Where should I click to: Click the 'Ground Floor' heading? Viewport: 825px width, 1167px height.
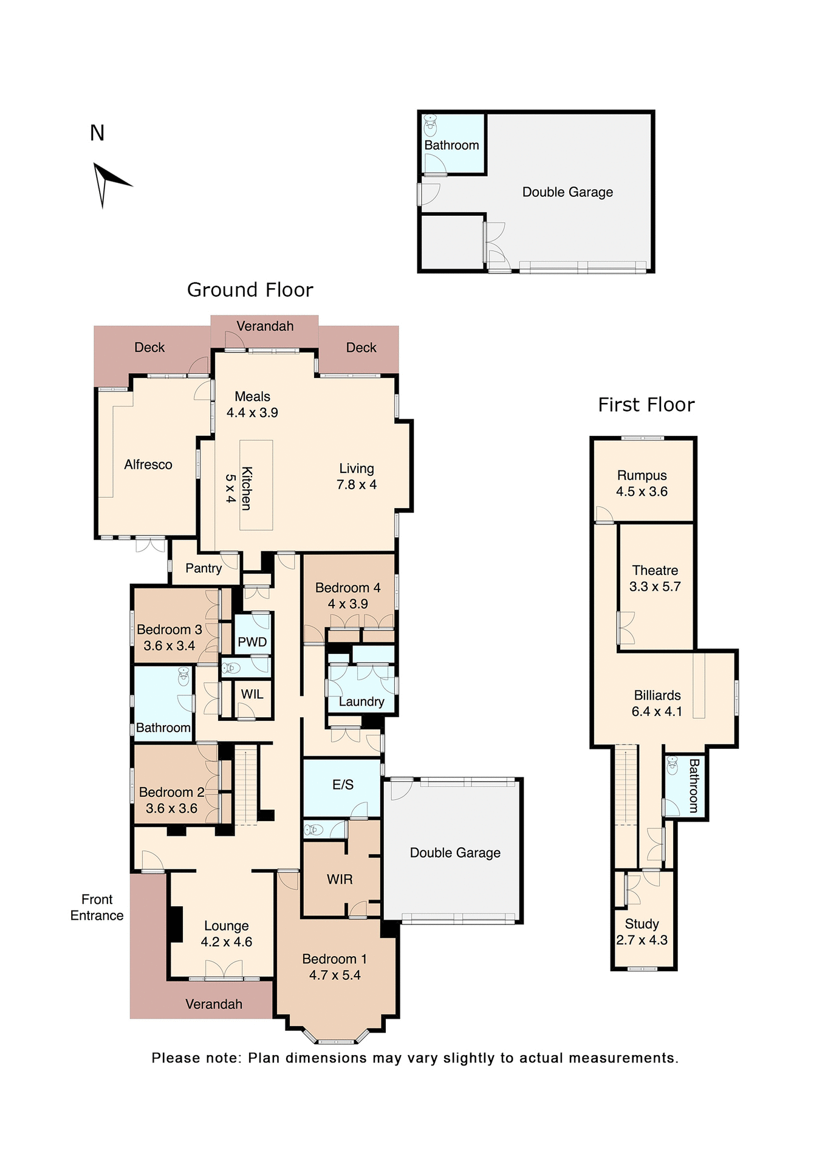[250, 290]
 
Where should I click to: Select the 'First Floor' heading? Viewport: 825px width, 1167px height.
[646, 405]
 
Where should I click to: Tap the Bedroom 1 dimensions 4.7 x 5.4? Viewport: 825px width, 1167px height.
[335, 975]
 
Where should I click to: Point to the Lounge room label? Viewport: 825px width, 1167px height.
[226, 926]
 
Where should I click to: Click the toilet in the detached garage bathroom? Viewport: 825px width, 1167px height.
[431, 125]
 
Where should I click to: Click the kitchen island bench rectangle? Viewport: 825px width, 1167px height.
[256, 485]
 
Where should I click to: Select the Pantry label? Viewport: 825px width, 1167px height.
[204, 568]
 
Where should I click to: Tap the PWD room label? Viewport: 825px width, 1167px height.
[252, 642]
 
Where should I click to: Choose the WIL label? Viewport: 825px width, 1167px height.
[252, 694]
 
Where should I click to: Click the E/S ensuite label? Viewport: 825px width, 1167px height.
[343, 785]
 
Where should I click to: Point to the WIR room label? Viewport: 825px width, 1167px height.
[340, 879]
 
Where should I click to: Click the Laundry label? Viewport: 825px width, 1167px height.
[361, 702]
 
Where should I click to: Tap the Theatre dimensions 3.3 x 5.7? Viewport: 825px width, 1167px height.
[655, 587]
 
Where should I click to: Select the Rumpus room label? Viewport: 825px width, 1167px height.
[642, 475]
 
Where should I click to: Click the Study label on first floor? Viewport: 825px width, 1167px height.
[642, 924]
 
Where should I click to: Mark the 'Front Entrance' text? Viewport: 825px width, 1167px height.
[97, 907]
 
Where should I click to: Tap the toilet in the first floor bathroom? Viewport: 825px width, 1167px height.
[672, 765]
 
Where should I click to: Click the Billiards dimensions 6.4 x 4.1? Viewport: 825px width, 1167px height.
[657, 711]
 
